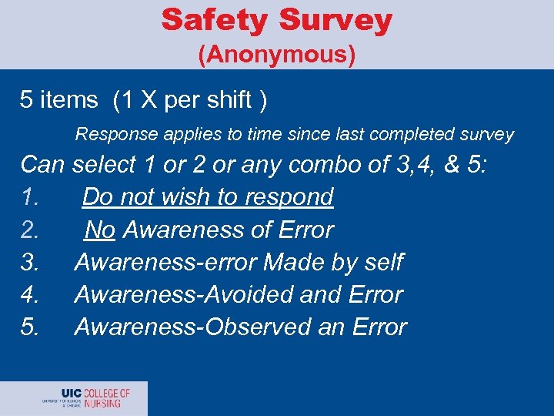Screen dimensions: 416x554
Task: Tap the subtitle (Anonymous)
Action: point(277,55)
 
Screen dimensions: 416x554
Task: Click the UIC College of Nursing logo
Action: point(86,398)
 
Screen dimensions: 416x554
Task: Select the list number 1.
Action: point(29,197)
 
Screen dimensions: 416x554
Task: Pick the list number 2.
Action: point(29,230)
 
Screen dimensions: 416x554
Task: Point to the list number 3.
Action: point(29,262)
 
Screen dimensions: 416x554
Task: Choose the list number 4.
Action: point(29,294)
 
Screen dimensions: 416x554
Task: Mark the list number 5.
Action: point(29,327)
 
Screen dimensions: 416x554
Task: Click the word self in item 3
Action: point(383,262)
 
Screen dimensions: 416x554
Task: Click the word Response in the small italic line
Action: point(110,135)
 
